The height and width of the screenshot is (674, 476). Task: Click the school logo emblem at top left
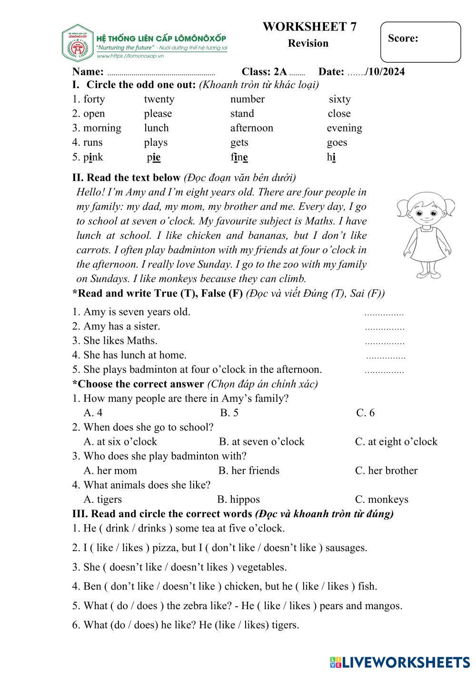click(77, 43)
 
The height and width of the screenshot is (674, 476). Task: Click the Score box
click(420, 42)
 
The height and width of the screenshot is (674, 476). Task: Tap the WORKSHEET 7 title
click(309, 27)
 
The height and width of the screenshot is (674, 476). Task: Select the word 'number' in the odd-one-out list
click(247, 99)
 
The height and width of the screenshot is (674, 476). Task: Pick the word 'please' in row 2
click(158, 114)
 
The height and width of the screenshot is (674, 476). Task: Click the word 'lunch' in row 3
click(156, 128)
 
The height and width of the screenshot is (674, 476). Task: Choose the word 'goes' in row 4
click(337, 143)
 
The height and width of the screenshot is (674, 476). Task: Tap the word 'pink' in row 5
click(93, 157)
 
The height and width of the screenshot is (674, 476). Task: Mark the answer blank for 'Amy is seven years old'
click(384, 314)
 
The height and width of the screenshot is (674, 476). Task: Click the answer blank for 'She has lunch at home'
click(386, 357)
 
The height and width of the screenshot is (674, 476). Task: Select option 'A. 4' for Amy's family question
click(93, 413)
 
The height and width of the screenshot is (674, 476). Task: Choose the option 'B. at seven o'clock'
click(261, 442)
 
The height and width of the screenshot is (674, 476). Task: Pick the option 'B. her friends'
click(249, 471)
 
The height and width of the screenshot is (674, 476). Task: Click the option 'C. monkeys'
click(381, 500)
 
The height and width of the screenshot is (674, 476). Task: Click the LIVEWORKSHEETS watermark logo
click(399, 662)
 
